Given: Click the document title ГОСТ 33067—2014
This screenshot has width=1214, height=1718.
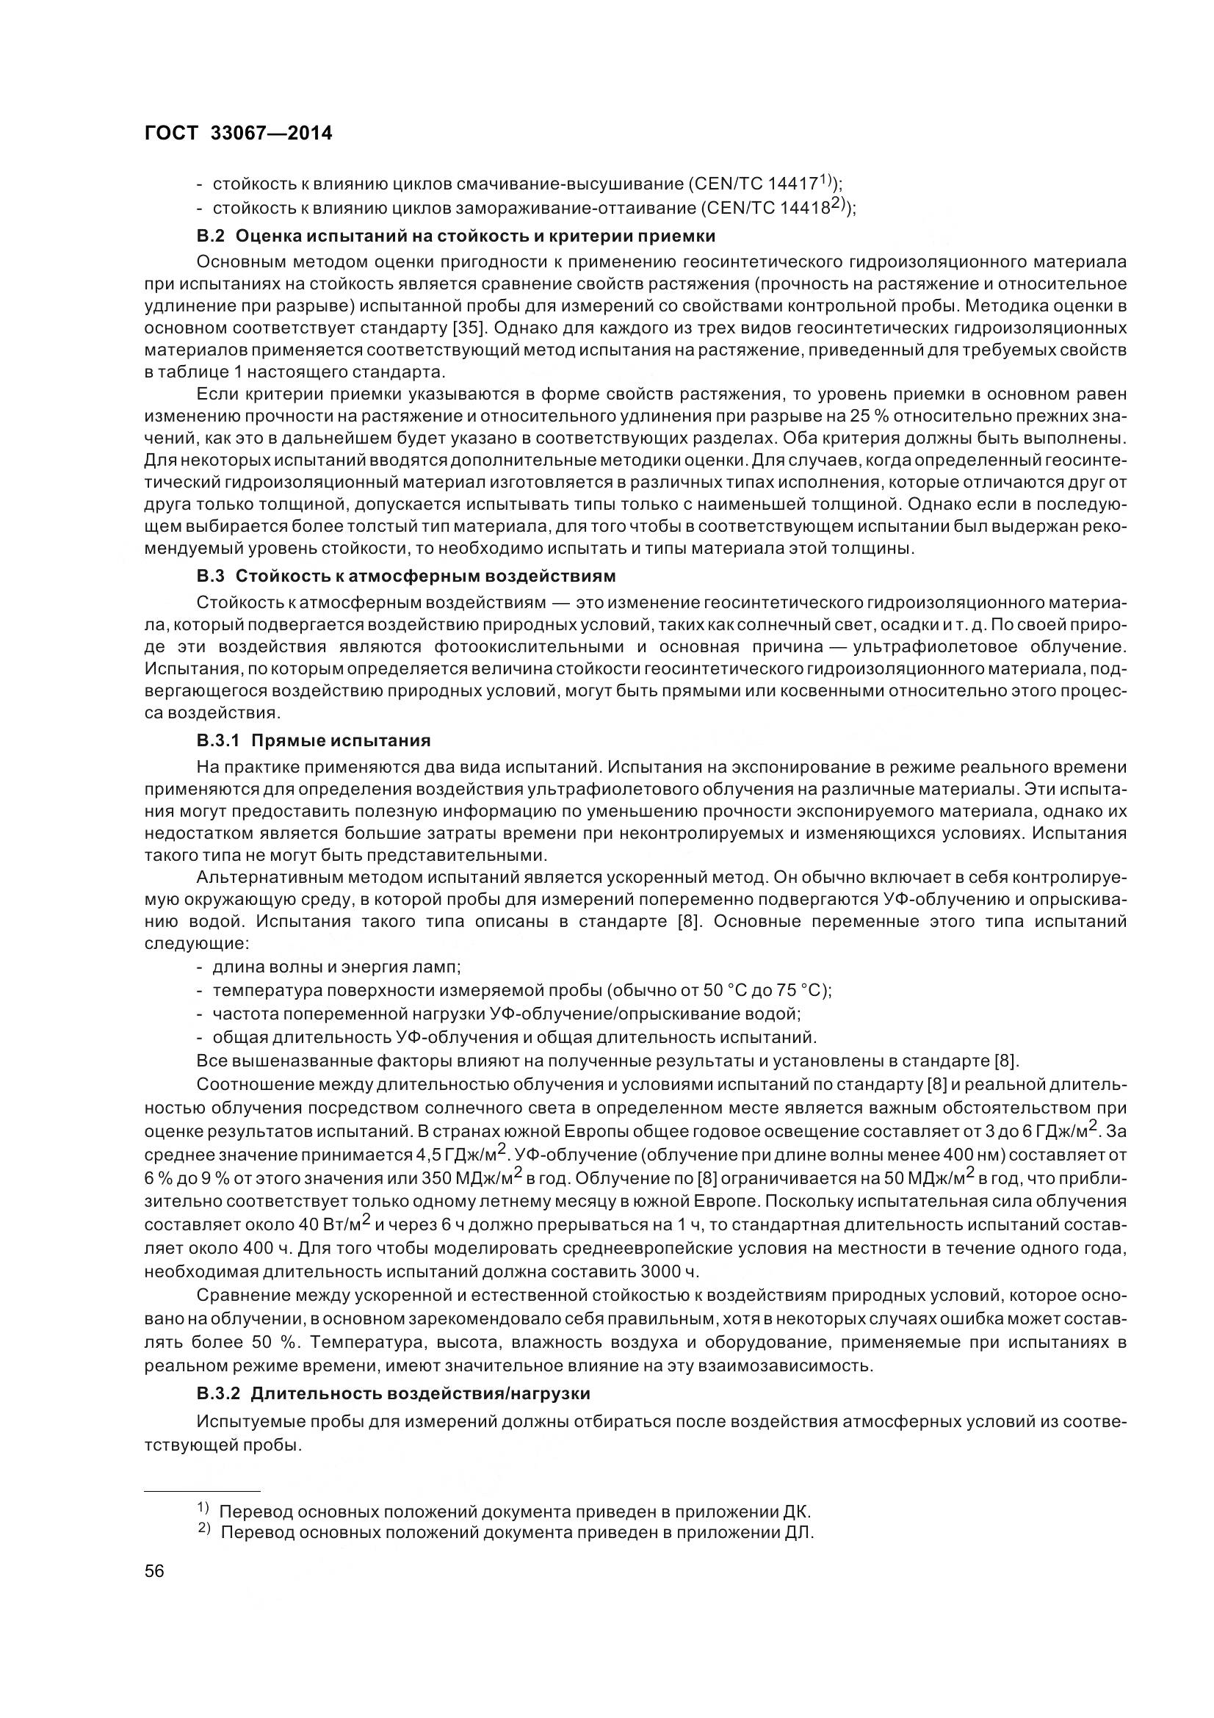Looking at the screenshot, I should [x=238, y=133].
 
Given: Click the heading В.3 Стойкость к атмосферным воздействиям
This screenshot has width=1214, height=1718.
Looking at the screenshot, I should [x=406, y=576].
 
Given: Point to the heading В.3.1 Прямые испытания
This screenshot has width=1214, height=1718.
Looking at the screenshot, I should [x=314, y=741].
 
